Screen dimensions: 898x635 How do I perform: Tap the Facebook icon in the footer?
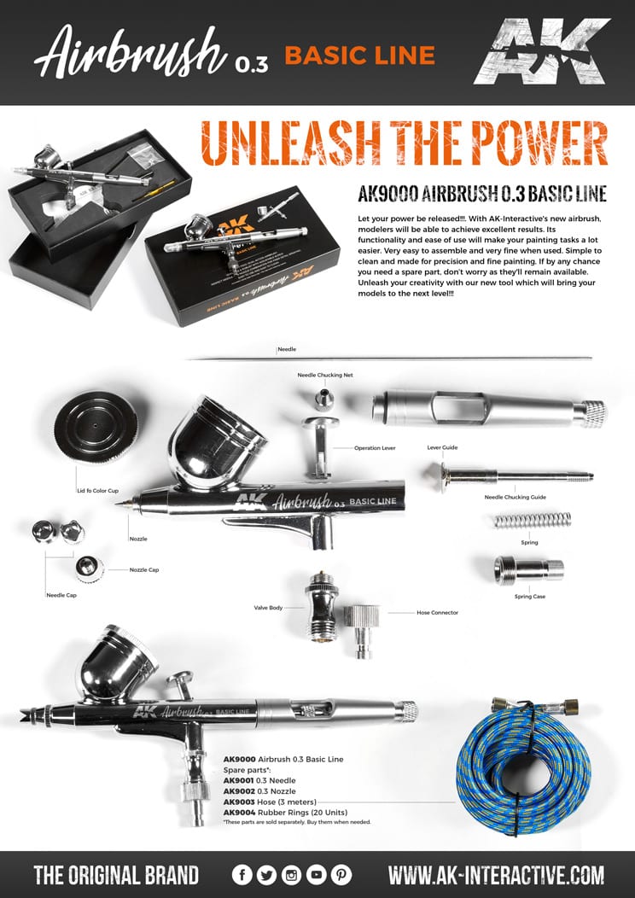click(x=242, y=875)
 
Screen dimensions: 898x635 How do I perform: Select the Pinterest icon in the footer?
click(x=341, y=875)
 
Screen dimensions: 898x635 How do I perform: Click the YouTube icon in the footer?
click(x=317, y=875)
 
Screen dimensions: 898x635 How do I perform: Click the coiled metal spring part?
click(x=533, y=520)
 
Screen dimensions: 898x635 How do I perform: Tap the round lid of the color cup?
click(x=96, y=427)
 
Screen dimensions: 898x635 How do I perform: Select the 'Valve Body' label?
click(x=267, y=608)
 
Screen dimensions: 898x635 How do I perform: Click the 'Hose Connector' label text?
click(x=437, y=612)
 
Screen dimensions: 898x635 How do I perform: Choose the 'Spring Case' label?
click(x=531, y=597)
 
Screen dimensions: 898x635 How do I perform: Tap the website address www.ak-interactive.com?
click(x=496, y=875)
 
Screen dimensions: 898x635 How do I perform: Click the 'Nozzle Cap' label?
click(x=144, y=569)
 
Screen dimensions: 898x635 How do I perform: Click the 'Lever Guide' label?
click(x=443, y=446)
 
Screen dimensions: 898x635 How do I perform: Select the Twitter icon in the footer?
click(x=267, y=875)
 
